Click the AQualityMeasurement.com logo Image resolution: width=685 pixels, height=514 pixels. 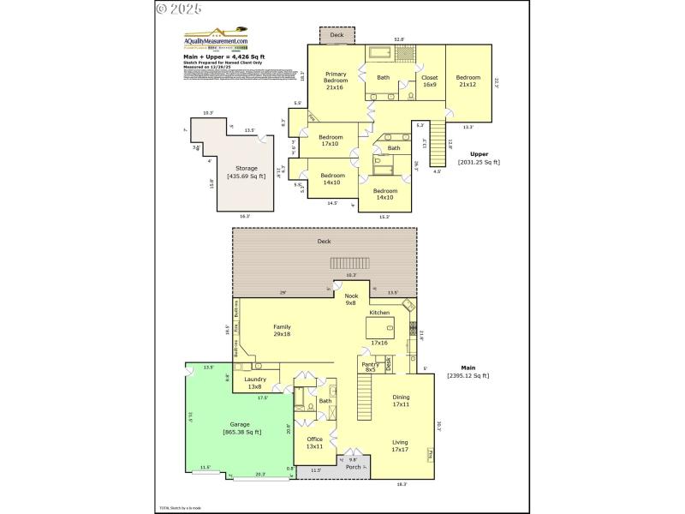[217, 41]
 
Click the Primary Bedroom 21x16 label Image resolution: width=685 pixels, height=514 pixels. [335, 81]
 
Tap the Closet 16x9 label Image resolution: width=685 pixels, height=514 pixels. [429, 81]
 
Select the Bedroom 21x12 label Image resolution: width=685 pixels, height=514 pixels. [468, 81]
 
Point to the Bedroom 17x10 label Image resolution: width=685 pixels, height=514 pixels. [331, 140]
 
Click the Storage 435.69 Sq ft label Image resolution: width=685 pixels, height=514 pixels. [247, 172]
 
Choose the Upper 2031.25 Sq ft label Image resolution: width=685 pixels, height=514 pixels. [479, 158]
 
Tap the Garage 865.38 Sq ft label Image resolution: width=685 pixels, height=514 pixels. [241, 428]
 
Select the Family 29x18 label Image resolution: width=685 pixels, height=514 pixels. [282, 331]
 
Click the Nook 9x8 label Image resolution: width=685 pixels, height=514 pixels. [350, 299]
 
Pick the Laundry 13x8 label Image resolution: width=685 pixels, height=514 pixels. [255, 383]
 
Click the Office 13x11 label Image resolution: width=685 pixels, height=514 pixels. [314, 443]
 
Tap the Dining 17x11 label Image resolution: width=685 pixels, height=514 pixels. [401, 401]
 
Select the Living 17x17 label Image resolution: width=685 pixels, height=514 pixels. [400, 445]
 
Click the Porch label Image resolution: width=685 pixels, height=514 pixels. [353, 467]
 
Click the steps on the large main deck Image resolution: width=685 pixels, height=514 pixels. [350, 263]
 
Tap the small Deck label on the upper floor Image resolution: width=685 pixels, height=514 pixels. [337, 35]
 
